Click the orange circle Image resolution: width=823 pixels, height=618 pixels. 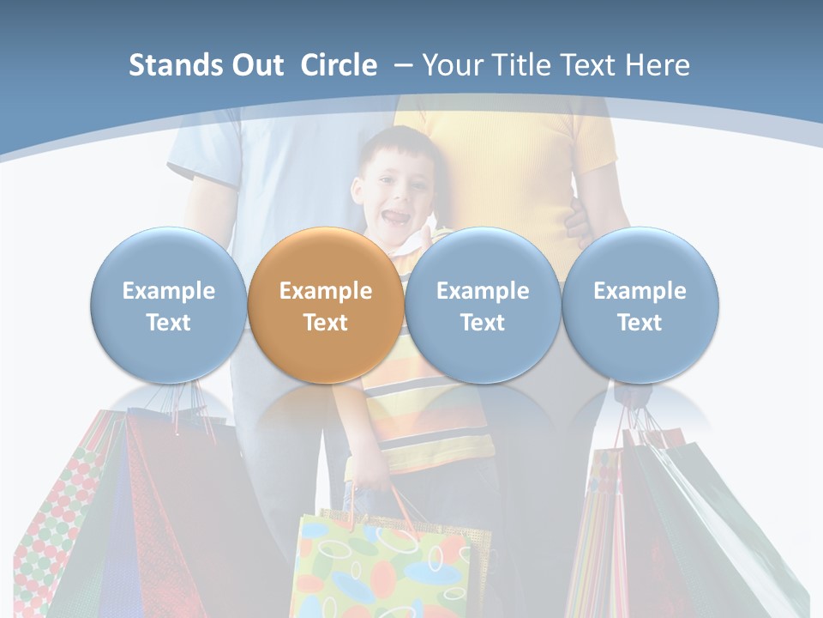pos(325,305)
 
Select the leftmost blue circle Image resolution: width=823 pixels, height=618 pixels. pos(168,305)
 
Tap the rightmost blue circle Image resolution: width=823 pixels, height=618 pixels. pos(640,305)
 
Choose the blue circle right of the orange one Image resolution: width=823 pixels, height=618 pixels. pos(483,305)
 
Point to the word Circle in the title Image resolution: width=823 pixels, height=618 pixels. pos(339,65)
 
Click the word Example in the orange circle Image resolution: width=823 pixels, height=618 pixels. pos(325,291)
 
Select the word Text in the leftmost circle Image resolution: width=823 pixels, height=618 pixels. pos(168,323)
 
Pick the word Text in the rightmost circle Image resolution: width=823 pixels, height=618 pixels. pos(640,323)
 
